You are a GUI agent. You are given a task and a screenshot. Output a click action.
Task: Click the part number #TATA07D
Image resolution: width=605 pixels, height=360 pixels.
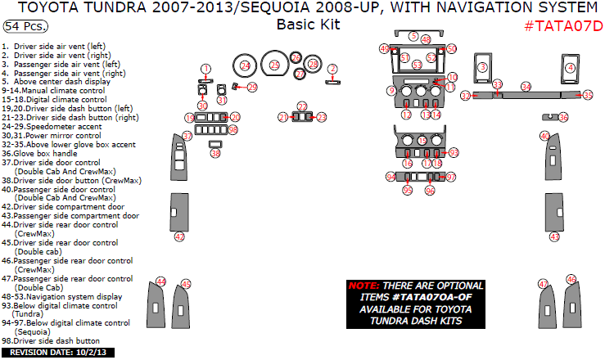pos(562,25)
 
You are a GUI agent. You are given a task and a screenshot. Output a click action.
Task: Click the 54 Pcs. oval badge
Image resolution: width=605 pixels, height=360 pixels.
pos(25,26)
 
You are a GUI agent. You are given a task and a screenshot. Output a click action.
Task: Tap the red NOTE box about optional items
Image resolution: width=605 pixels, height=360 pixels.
pos(416,303)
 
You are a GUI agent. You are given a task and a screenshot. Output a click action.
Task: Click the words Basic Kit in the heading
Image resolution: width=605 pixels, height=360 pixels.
pos(308,24)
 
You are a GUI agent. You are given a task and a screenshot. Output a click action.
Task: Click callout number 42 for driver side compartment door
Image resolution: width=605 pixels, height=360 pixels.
pos(179,236)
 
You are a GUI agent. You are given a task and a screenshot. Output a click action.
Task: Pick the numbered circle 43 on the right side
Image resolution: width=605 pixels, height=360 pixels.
pos(554,236)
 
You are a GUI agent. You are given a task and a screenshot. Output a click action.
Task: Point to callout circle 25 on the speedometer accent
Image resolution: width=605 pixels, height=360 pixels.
pos(274,64)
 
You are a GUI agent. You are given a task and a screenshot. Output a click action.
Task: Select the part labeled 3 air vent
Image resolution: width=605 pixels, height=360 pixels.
pos(483,67)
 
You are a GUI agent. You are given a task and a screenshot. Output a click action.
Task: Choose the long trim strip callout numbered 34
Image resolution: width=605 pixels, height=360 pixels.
pos(526,86)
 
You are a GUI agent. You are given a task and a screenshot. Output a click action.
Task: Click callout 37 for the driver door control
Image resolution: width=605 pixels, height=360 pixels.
pos(187,136)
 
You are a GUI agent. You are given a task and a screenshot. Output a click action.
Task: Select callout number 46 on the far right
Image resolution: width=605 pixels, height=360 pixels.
pos(571,279)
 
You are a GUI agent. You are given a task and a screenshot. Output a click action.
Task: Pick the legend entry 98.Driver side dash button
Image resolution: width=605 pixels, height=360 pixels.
pos(52,341)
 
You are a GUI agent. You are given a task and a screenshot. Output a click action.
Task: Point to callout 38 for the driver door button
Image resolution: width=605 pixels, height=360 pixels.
pos(215,153)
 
